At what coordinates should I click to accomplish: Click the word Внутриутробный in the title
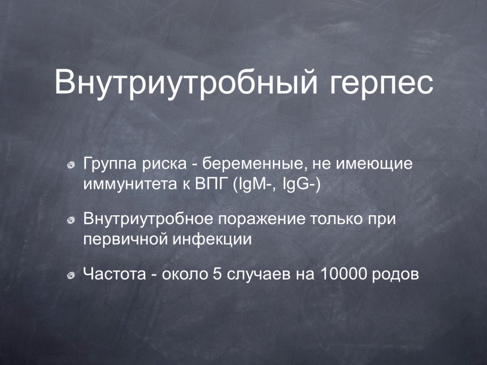tap(186, 82)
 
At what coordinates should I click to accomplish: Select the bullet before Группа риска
tap(71, 165)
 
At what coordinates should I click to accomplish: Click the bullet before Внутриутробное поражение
tap(71, 220)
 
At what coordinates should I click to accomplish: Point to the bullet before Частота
tap(71, 275)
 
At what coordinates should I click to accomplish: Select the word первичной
tap(126, 240)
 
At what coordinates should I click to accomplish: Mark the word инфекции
tap(212, 240)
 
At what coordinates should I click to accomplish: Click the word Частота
tap(115, 274)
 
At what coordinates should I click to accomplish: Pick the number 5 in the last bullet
tap(217, 274)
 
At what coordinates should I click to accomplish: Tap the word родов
tap(395, 275)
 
